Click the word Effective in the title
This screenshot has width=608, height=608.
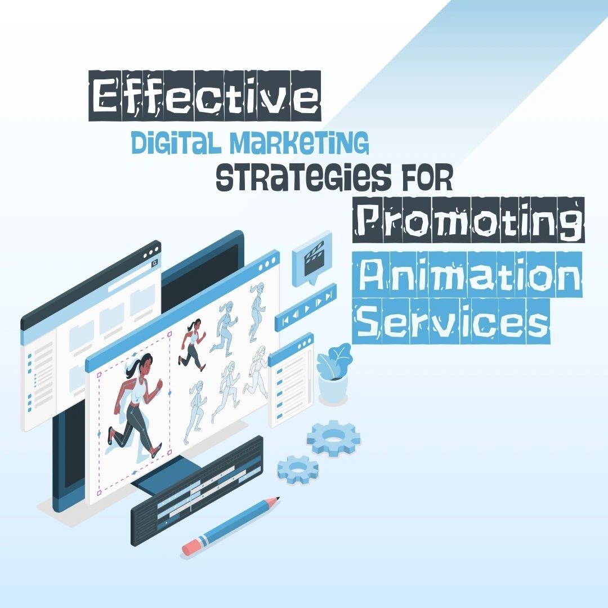tap(205, 96)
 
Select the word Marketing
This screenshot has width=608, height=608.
tap(298, 142)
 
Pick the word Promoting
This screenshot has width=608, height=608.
tap(468, 220)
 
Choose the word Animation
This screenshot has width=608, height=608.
tap(467, 275)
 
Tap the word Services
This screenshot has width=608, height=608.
tap(451, 321)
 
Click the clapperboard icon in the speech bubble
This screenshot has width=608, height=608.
tap(314, 257)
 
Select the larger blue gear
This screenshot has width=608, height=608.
tap(334, 438)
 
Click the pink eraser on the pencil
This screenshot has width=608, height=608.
tap(191, 546)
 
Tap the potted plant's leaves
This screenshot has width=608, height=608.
tap(334, 361)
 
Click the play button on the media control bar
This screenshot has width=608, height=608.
tap(307, 309)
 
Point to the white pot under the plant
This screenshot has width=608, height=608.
tap(333, 389)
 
